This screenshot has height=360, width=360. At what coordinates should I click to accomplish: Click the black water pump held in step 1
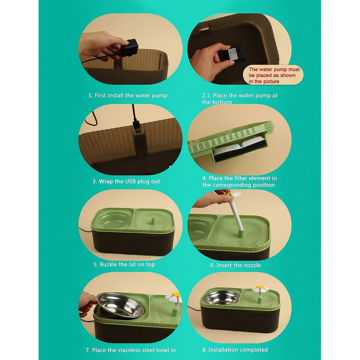[x=130, y=48]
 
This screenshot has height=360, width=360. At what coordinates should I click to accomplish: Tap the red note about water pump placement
[x=274, y=75]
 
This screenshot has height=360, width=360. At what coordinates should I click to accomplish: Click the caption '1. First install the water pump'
[x=128, y=95]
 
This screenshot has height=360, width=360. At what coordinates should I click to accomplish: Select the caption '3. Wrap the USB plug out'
[x=126, y=181]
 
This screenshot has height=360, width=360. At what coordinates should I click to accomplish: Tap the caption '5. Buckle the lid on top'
[x=124, y=264]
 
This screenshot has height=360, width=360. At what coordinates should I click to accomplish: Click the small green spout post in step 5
[x=152, y=221]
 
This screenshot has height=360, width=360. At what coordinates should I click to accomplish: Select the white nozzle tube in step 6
[x=237, y=211]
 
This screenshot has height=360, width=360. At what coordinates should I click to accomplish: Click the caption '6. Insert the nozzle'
[x=235, y=265]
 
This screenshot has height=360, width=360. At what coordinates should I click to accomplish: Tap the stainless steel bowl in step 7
[x=121, y=306]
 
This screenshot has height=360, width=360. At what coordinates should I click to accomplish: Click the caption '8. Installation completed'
[x=235, y=350]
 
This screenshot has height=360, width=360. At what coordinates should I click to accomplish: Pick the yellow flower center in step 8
[x=260, y=288]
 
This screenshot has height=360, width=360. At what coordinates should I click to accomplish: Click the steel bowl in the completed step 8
[x=221, y=298]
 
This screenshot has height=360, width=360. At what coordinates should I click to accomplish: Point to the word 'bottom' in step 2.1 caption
[x=222, y=102]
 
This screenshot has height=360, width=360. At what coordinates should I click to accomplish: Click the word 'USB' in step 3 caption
[x=130, y=181]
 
